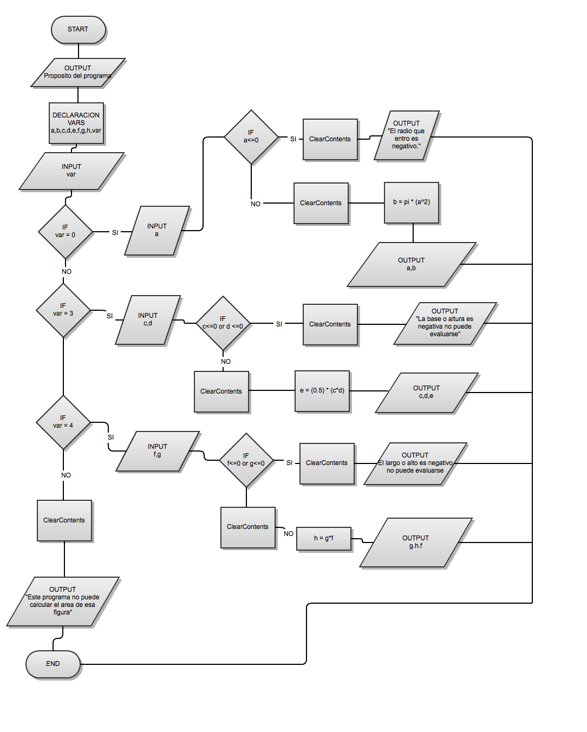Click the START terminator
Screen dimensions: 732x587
[x=78, y=29]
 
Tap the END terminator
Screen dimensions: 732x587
[x=53, y=664]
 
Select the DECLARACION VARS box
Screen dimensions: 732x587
[x=76, y=123]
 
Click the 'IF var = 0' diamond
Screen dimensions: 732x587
[x=66, y=232]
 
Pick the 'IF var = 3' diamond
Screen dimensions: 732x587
[x=63, y=310]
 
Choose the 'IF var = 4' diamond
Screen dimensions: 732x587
[x=63, y=422]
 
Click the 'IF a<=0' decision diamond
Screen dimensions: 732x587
[x=251, y=137]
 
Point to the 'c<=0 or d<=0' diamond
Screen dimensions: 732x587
[x=223, y=323]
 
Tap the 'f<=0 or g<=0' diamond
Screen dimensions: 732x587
[x=246, y=460]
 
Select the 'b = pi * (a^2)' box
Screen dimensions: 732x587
[x=412, y=202]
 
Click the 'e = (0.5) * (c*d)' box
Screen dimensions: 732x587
[x=322, y=391]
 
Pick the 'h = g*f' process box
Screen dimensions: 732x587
[x=324, y=539]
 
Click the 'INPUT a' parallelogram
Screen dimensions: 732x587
[x=157, y=231]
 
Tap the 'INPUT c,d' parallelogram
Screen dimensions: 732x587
[x=148, y=320]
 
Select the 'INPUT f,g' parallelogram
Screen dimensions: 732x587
[x=158, y=451]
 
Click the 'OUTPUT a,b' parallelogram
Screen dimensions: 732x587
[x=412, y=265]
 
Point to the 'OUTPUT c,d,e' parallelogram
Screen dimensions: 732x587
[x=427, y=393]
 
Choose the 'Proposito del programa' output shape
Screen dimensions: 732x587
[x=78, y=73]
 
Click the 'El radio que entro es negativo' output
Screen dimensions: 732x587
[x=406, y=135]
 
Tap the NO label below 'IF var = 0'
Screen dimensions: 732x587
[x=67, y=272]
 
